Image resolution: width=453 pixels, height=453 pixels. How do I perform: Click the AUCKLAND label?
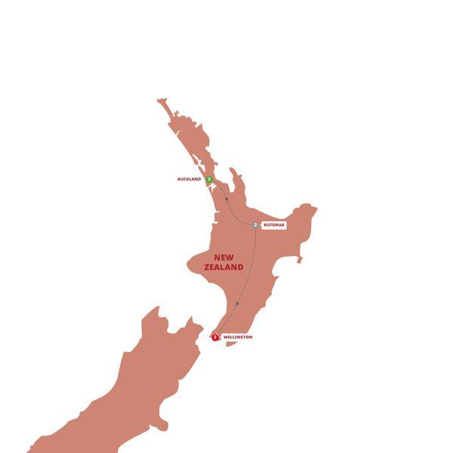point(190,180)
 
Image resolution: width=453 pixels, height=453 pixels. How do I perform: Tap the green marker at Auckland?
point(209,180)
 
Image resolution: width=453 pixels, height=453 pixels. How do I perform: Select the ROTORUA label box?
point(274,225)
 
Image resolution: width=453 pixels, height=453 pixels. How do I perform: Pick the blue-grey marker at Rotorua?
point(256,225)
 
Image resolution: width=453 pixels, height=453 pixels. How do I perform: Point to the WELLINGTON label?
point(238,337)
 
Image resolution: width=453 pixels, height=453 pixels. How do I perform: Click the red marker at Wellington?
point(216,337)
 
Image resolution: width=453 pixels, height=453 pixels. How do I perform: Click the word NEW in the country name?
point(223,257)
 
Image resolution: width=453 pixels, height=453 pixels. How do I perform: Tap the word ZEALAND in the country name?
point(223,267)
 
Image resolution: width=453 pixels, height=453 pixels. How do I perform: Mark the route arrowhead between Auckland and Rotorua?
point(226,199)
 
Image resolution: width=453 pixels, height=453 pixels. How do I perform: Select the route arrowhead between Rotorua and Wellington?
point(238,304)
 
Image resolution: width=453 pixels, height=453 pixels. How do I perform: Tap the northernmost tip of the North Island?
point(160,100)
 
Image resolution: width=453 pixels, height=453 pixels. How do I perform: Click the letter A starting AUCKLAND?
point(178,180)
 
